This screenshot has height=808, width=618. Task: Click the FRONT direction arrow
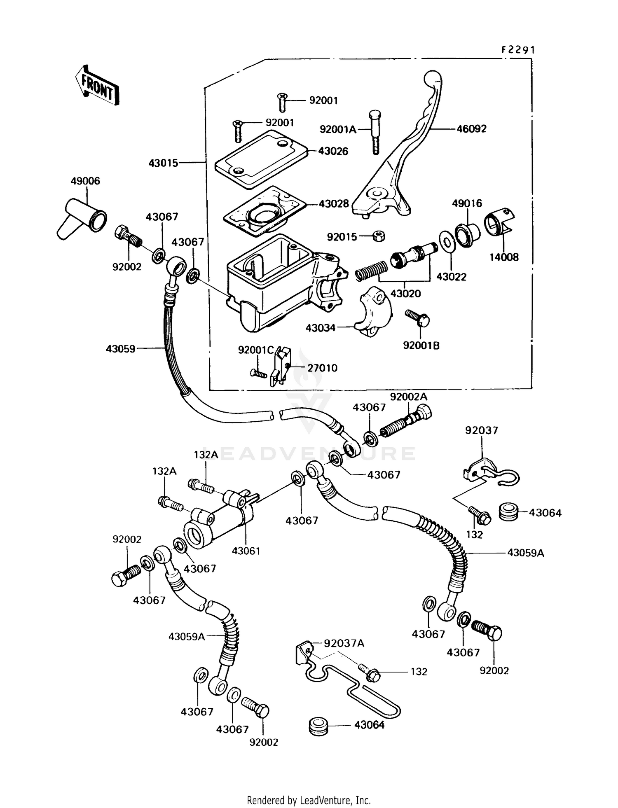97,86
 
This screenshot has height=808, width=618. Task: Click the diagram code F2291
518,50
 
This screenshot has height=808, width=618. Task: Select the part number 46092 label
471,129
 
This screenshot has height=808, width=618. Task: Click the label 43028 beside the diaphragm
333,203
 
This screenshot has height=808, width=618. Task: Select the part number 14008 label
504,257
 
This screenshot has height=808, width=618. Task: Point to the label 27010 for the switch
322,368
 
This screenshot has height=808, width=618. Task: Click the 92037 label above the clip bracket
482,430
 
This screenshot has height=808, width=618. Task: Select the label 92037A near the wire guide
344,643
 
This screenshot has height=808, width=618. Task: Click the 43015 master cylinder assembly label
164,163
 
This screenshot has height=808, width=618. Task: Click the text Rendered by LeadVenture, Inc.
309,800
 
